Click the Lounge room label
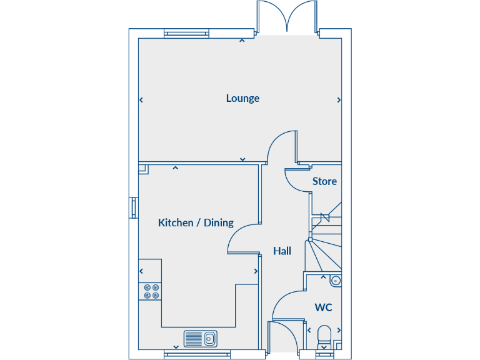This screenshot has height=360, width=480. (x=242, y=98)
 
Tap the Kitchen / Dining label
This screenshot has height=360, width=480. (x=196, y=222)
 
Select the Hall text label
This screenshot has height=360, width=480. (x=282, y=251)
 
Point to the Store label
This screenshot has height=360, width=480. (x=324, y=181)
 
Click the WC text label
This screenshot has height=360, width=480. (x=323, y=307)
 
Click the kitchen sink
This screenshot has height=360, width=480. (x=200, y=339)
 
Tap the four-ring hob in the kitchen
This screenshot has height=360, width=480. (x=151, y=292)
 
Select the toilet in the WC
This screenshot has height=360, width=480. (x=324, y=336)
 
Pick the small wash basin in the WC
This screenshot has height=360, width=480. (x=336, y=281)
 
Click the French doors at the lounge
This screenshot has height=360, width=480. (x=287, y=17)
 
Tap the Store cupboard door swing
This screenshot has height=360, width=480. (x=296, y=180)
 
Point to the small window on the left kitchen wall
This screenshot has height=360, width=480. (x=133, y=207)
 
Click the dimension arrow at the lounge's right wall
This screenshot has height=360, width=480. (x=339, y=99)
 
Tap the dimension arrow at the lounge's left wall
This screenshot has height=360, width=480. (x=141, y=99)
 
